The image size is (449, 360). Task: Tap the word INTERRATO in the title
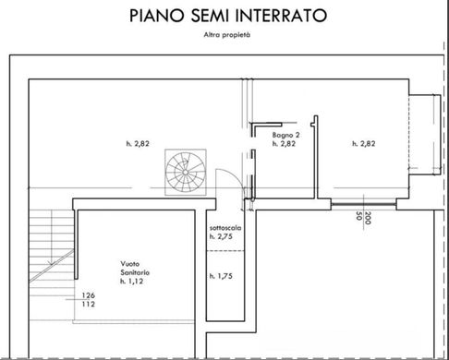(283, 16)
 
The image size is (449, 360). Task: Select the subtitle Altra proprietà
(227, 35)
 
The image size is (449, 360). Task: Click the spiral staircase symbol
(186, 172)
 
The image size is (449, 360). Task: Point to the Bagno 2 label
(285, 135)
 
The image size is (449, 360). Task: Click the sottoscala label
(225, 228)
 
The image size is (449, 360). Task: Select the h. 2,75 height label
(221, 236)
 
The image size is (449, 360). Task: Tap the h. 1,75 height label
(221, 276)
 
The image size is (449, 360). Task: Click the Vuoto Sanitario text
(135, 268)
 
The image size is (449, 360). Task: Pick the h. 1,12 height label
(132, 282)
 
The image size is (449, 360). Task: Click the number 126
(89, 295)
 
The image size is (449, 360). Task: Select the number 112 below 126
(89, 305)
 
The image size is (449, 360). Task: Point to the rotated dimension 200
(368, 218)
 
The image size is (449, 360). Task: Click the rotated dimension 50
(358, 216)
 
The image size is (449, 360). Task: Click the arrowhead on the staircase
(50, 262)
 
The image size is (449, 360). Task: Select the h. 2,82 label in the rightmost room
(364, 143)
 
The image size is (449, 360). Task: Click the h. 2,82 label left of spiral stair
(138, 143)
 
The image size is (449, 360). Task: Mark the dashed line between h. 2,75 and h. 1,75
(225, 251)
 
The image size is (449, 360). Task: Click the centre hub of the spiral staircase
(186, 173)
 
